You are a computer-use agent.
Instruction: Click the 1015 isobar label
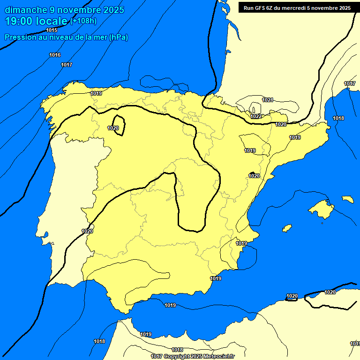click(52, 30)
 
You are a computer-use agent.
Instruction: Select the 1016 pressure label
click(55, 55)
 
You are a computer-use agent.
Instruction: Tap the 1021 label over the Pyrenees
click(268, 100)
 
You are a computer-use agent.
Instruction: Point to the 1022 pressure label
click(256, 116)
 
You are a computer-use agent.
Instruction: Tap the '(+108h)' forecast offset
click(83, 21)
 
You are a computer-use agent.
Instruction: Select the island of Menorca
click(347, 199)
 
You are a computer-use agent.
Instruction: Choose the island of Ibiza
click(287, 228)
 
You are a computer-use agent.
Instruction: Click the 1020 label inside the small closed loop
click(113, 128)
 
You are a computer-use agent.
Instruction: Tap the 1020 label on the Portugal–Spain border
click(87, 231)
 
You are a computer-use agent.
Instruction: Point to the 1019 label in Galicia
click(96, 93)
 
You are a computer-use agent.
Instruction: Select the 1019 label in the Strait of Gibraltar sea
click(170, 305)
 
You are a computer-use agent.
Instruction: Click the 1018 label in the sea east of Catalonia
click(338, 118)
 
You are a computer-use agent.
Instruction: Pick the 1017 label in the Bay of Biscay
click(67, 65)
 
